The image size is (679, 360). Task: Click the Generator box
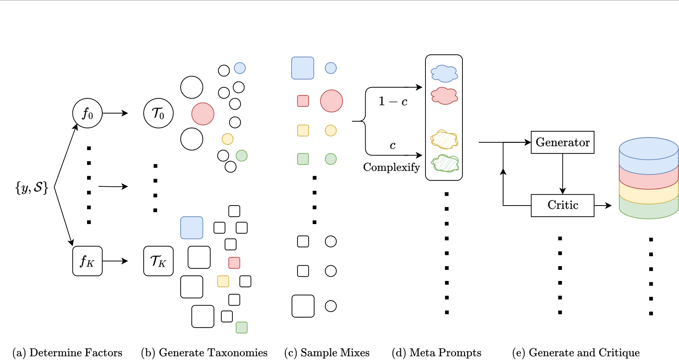pyautogui.click(x=562, y=142)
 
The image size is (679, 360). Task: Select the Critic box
pyautogui.click(x=562, y=206)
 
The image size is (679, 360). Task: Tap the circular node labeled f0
pyautogui.click(x=87, y=113)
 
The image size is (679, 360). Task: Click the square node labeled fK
pyautogui.click(x=87, y=261)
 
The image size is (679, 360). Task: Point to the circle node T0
pyautogui.click(x=159, y=113)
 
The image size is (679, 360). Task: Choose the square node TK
pyautogui.click(x=159, y=261)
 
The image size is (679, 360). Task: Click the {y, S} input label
pyautogui.click(x=32, y=187)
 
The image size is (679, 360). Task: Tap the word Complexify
pyautogui.click(x=391, y=167)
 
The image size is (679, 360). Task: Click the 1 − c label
pyautogui.click(x=393, y=101)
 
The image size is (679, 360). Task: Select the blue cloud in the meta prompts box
pyautogui.click(x=444, y=74)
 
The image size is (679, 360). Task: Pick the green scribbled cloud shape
pyautogui.click(x=445, y=163)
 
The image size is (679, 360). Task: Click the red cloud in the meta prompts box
pyautogui.click(x=444, y=96)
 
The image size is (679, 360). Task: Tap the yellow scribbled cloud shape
pyautogui.click(x=444, y=140)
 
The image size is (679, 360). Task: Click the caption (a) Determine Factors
pyautogui.click(x=67, y=353)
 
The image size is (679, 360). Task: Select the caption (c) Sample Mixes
pyautogui.click(x=327, y=353)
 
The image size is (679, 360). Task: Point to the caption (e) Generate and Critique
pyautogui.click(x=576, y=353)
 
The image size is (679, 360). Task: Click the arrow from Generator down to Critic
pyautogui.click(x=563, y=174)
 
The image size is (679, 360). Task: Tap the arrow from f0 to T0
pyautogui.click(x=115, y=113)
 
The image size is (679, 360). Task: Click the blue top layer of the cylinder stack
pyautogui.click(x=649, y=156)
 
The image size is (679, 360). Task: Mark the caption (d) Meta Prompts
pyautogui.click(x=437, y=353)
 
